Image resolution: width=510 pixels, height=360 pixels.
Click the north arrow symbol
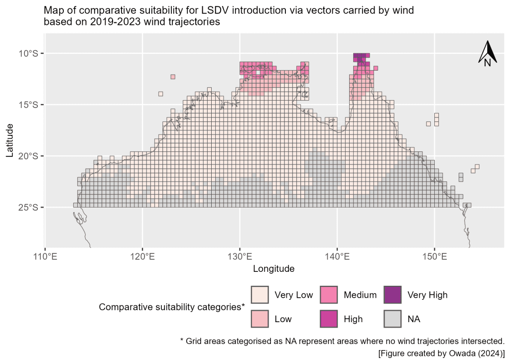[x=487, y=54]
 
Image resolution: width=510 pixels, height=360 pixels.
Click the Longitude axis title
[x=274, y=269]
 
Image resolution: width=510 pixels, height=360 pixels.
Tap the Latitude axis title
[x=10, y=141]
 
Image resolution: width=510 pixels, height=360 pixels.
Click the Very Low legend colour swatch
[x=259, y=295]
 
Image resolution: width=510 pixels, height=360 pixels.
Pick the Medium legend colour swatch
[x=328, y=295]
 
